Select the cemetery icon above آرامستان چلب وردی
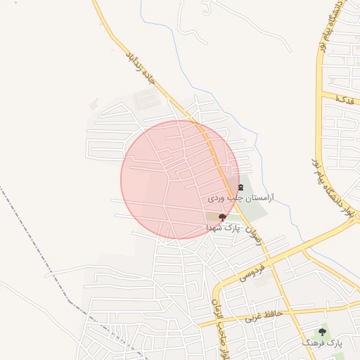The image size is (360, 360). (x=240, y=187)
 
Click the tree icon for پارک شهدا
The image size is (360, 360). (x=222, y=218)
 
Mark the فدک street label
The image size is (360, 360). (x=345, y=98)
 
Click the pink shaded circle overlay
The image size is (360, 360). (x=162, y=179)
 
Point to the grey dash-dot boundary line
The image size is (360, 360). (x=42, y=246)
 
